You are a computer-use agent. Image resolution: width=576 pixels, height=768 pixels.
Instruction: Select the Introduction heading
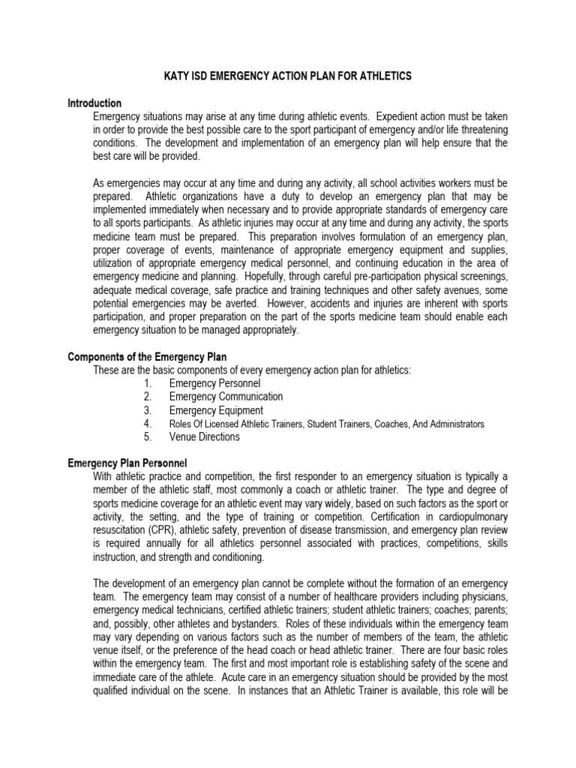pyautogui.click(x=94, y=103)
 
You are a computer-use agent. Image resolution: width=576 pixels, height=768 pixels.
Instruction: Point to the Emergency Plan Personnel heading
pyautogui.click(x=127, y=463)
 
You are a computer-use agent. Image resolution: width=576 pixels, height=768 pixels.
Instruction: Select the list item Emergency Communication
pyautogui.click(x=226, y=397)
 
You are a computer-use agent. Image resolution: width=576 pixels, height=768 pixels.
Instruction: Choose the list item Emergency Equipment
pyautogui.click(x=216, y=410)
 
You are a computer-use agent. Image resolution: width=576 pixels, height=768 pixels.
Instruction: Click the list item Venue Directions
pyautogui.click(x=204, y=437)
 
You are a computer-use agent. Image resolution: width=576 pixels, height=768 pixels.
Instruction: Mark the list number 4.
pyautogui.click(x=148, y=424)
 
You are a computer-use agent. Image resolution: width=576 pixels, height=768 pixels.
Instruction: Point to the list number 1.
pyautogui.click(x=148, y=383)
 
